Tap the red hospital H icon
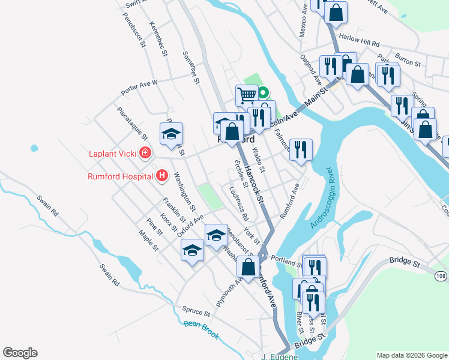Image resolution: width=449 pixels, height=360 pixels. click(x=161, y=176)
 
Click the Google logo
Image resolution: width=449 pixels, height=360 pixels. click(x=20, y=353)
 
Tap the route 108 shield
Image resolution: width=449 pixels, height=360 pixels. click(x=441, y=275)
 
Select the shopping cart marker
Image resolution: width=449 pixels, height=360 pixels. click(x=247, y=94)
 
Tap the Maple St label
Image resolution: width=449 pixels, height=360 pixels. click(x=148, y=241)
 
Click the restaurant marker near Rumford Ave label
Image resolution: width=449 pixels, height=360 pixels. click(x=301, y=148)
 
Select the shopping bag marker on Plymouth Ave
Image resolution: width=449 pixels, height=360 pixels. click(x=248, y=266)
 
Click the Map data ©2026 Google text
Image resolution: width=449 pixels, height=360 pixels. click(x=412, y=355)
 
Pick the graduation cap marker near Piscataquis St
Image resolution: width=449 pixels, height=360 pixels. click(x=171, y=133)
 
